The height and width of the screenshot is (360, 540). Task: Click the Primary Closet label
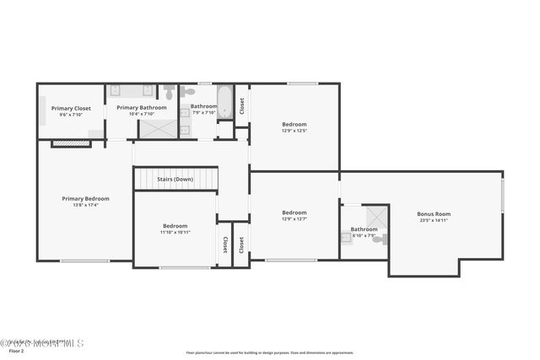(x=71, y=108)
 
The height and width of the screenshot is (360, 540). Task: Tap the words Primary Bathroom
(x=141, y=107)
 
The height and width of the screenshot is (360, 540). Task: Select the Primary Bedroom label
(x=85, y=199)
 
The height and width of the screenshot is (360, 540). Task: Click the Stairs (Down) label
(x=175, y=179)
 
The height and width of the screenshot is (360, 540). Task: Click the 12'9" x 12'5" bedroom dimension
(x=294, y=131)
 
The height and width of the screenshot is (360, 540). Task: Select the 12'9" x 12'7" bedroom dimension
(x=294, y=219)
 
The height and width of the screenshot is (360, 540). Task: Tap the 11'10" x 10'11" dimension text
(x=175, y=233)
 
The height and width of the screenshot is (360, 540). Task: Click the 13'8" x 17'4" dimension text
(x=85, y=205)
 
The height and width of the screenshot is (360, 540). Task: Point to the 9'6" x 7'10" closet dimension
(x=71, y=115)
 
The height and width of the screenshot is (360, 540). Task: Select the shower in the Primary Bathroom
(x=158, y=128)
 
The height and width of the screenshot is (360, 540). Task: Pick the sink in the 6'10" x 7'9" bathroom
(x=346, y=238)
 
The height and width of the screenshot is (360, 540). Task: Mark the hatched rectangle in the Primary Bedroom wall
(x=71, y=144)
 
